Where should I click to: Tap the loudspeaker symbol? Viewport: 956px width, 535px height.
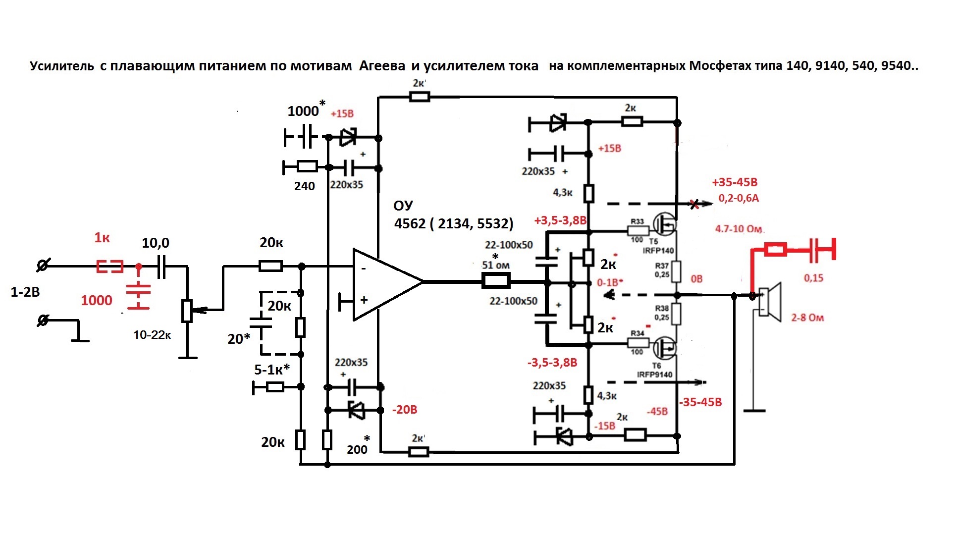(x=769, y=300)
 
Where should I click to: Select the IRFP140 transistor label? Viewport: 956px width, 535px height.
(x=658, y=251)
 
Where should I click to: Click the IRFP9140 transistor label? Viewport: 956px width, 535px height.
(x=655, y=374)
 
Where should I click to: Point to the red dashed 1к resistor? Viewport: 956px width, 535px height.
(x=109, y=267)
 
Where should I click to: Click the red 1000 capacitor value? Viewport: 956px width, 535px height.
(x=97, y=300)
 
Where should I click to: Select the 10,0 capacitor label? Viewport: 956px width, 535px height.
(x=156, y=243)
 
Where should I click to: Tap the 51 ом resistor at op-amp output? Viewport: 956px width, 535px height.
(x=496, y=281)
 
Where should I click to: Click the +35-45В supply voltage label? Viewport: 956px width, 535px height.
(x=735, y=183)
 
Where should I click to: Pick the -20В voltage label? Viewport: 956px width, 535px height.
(x=405, y=410)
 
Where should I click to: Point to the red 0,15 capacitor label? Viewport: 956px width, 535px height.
(x=813, y=278)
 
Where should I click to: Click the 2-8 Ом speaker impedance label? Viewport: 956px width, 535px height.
(x=807, y=318)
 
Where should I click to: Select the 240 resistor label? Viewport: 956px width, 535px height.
(x=304, y=186)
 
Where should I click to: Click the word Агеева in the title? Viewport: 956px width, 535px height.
(x=382, y=66)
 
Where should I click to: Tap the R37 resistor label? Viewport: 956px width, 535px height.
(x=662, y=266)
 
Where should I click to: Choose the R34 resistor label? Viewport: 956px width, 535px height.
(x=637, y=333)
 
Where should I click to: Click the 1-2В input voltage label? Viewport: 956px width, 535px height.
(x=25, y=292)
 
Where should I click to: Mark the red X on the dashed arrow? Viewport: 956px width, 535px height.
(x=695, y=204)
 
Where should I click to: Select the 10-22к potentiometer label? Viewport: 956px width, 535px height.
(x=152, y=335)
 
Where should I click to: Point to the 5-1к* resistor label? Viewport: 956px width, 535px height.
(x=271, y=370)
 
